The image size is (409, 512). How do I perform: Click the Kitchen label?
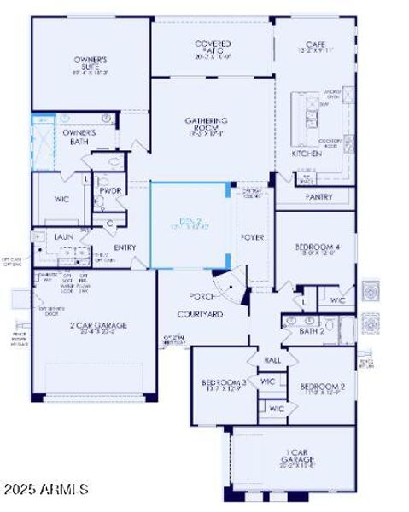[x=307, y=154]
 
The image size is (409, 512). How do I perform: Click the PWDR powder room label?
[x=109, y=190]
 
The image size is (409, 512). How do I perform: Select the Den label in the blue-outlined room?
[x=188, y=221]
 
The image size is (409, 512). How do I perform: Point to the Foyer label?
[x=252, y=236]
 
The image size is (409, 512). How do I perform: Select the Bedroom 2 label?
[x=323, y=386]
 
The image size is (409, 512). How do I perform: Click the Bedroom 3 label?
[x=224, y=383]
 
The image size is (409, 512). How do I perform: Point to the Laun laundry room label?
[x=62, y=236]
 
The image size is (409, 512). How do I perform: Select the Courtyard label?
[x=200, y=313]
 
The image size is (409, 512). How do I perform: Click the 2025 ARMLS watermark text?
[x=46, y=489]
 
